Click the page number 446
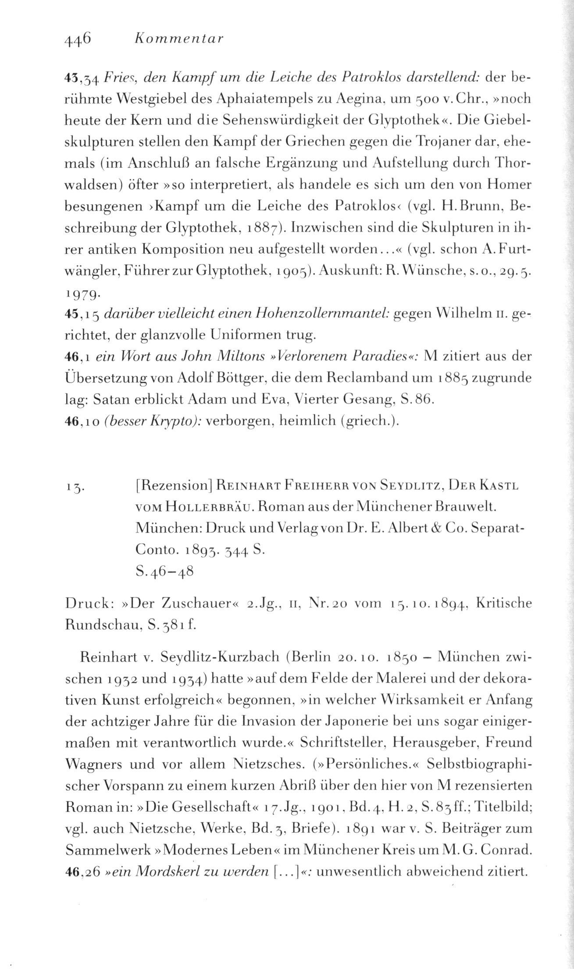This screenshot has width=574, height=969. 77,39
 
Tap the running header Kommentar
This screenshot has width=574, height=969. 178,39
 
